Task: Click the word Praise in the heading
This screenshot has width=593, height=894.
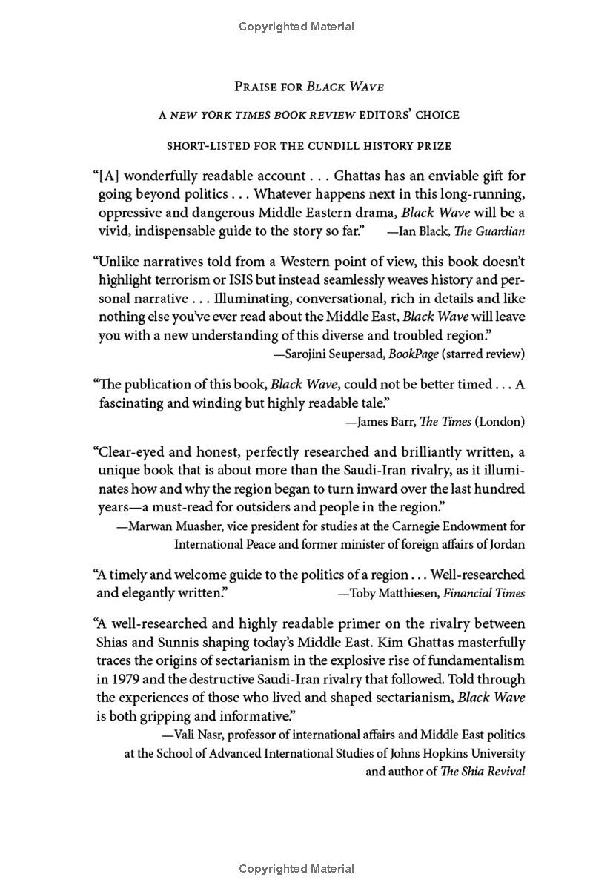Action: (x=254, y=87)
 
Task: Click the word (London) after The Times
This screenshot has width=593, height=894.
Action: (x=500, y=422)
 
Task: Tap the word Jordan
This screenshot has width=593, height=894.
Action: (x=506, y=544)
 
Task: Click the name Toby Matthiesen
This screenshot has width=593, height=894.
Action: (x=394, y=593)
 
